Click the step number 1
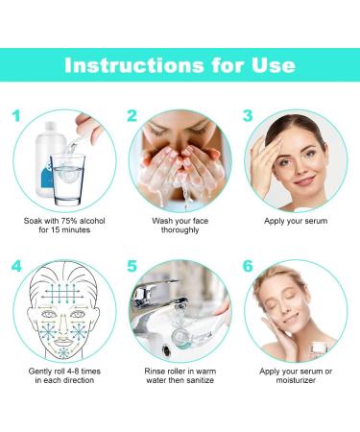[16, 118]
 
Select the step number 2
[132, 118]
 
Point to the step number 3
[248, 118]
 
